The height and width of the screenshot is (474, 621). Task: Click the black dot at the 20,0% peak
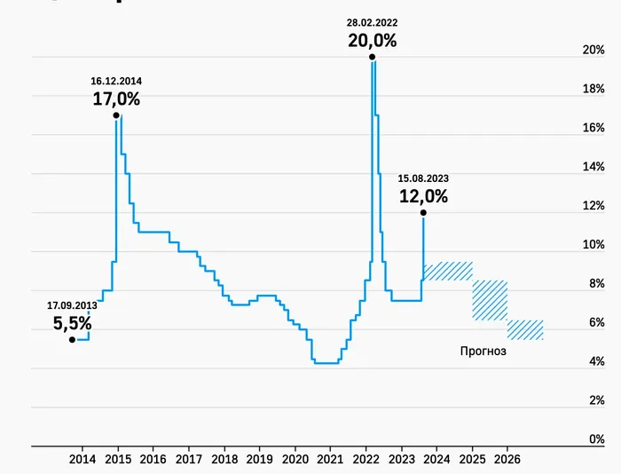(372, 57)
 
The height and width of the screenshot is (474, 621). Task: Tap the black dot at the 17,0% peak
(116, 115)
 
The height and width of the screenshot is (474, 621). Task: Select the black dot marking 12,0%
(423, 212)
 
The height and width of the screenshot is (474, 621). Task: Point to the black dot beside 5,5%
(72, 339)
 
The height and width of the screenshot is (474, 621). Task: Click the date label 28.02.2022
(372, 22)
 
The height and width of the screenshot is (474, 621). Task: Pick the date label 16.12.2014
(116, 81)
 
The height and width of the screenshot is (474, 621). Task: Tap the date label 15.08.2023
(423, 178)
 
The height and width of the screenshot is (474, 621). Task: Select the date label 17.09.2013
(72, 305)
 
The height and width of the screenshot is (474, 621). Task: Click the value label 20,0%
(372, 40)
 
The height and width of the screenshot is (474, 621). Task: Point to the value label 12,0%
(423, 196)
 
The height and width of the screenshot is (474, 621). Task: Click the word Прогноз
(483, 351)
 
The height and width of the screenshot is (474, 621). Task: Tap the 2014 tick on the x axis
(82, 459)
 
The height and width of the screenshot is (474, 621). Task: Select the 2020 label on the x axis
(295, 459)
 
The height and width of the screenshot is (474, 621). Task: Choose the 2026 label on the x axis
(507, 459)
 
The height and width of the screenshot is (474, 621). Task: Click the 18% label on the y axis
(593, 89)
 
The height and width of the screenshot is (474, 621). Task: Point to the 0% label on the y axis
(596, 439)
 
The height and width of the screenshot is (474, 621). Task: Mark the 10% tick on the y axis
(593, 245)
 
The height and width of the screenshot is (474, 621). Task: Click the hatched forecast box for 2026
(525, 329)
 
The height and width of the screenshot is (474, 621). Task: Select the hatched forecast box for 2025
(490, 300)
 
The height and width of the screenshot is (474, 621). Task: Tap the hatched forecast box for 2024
(448, 272)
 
